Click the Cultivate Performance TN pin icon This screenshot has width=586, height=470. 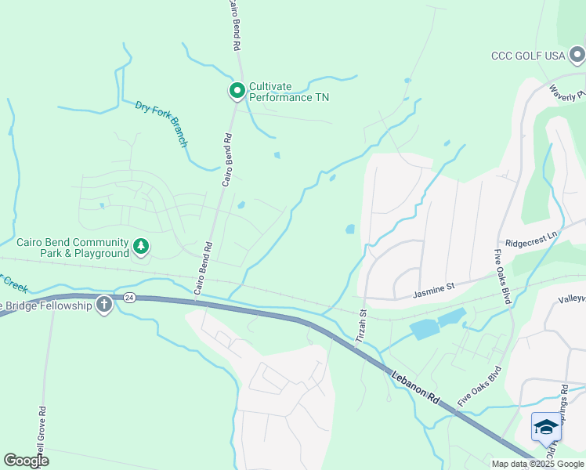[x=237, y=91]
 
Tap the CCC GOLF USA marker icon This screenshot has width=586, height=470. [x=577, y=55]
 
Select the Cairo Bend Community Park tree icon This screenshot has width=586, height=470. [x=141, y=248]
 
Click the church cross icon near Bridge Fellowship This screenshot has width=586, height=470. [x=103, y=305]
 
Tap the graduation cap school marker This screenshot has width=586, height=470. [x=546, y=427]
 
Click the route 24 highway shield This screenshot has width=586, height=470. [x=129, y=298]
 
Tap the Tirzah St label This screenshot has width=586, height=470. [x=362, y=324]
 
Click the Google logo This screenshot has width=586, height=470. [x=26, y=461]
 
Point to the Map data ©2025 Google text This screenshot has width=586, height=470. [x=537, y=464]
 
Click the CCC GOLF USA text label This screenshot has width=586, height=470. [x=527, y=56]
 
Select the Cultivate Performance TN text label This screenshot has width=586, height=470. [x=288, y=92]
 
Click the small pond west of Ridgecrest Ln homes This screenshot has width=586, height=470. [x=349, y=230]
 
